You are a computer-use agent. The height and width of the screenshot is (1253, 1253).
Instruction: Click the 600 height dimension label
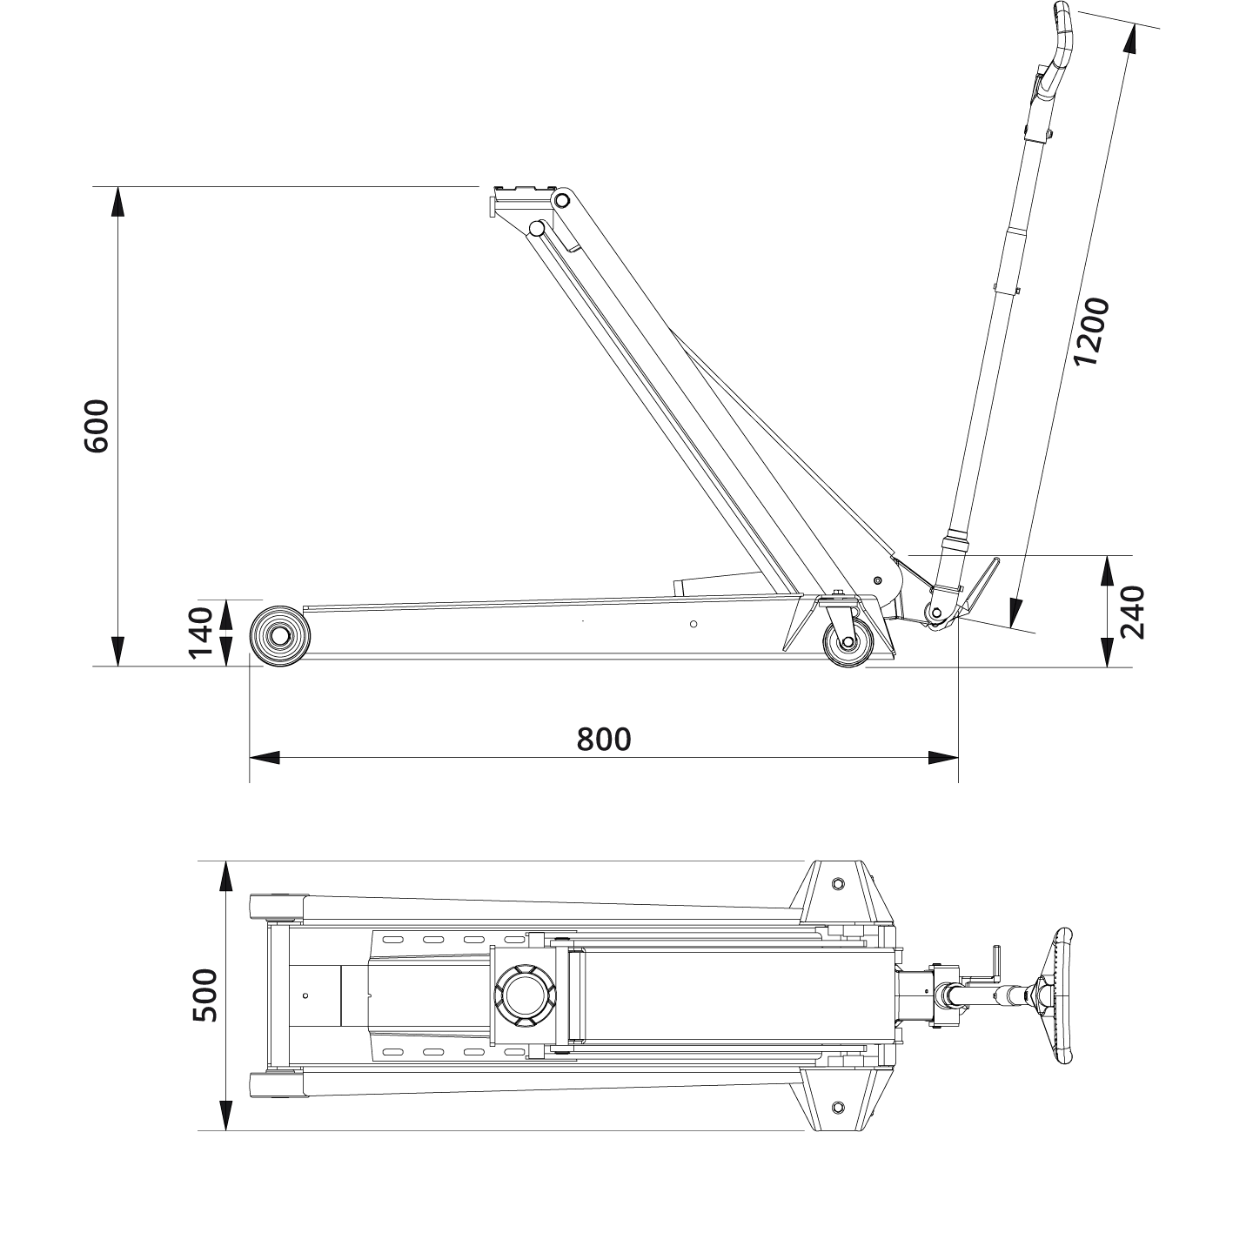pos(96,426)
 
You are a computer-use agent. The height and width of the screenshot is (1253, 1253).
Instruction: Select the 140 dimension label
pos(201,633)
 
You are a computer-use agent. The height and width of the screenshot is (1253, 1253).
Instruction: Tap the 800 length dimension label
pos(603,739)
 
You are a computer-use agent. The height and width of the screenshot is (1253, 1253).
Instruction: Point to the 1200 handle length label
pos(1091,331)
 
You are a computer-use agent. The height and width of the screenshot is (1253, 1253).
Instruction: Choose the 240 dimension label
pos(1133,612)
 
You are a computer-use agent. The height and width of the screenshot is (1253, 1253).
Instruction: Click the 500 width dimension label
pos(204,995)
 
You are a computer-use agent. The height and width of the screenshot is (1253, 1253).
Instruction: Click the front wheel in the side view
pos(279,636)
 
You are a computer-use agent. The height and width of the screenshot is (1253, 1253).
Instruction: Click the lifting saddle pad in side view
pos(522,192)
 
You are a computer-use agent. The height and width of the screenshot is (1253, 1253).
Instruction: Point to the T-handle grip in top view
pos(1063,995)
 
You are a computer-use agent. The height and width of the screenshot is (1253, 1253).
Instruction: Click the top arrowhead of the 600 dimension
pos(117,202)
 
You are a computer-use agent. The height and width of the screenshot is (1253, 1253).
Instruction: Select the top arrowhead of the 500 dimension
pos(225,876)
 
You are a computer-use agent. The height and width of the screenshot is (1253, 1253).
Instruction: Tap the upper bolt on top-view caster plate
pos(838,883)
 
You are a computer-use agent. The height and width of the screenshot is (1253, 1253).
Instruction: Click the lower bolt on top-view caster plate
pos(838,1107)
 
